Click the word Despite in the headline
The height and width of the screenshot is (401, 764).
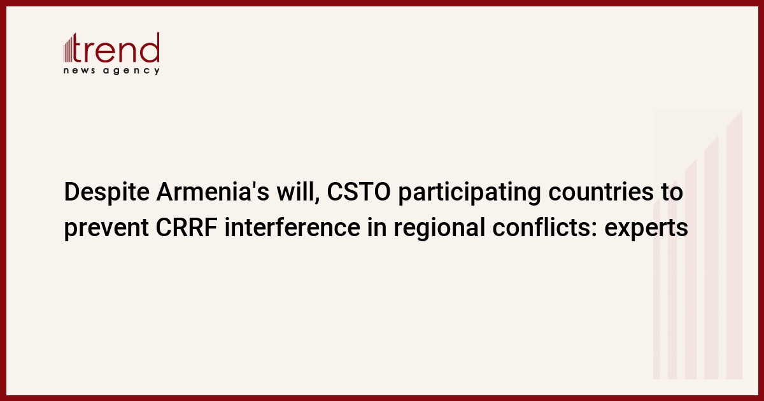[107, 193]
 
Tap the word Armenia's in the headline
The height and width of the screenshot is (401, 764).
[213, 192]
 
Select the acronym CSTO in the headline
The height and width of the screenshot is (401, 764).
[359, 192]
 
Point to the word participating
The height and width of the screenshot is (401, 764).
[469, 193]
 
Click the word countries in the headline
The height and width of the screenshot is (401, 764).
[601, 192]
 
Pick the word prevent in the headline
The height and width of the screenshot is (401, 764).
[106, 229]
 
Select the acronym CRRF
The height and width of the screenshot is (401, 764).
[187, 227]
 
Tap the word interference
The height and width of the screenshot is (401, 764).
[292, 227]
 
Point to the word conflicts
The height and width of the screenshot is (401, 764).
[545, 227]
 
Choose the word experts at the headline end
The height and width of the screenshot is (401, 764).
[646, 229]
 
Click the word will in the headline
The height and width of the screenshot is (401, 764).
[298, 192]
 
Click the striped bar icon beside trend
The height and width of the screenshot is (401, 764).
[68, 49]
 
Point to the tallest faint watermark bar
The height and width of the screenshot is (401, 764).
[734, 244]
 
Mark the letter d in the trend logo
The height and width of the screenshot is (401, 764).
[150, 47]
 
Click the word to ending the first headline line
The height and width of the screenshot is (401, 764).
[672, 192]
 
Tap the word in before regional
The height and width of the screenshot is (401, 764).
[377, 227]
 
